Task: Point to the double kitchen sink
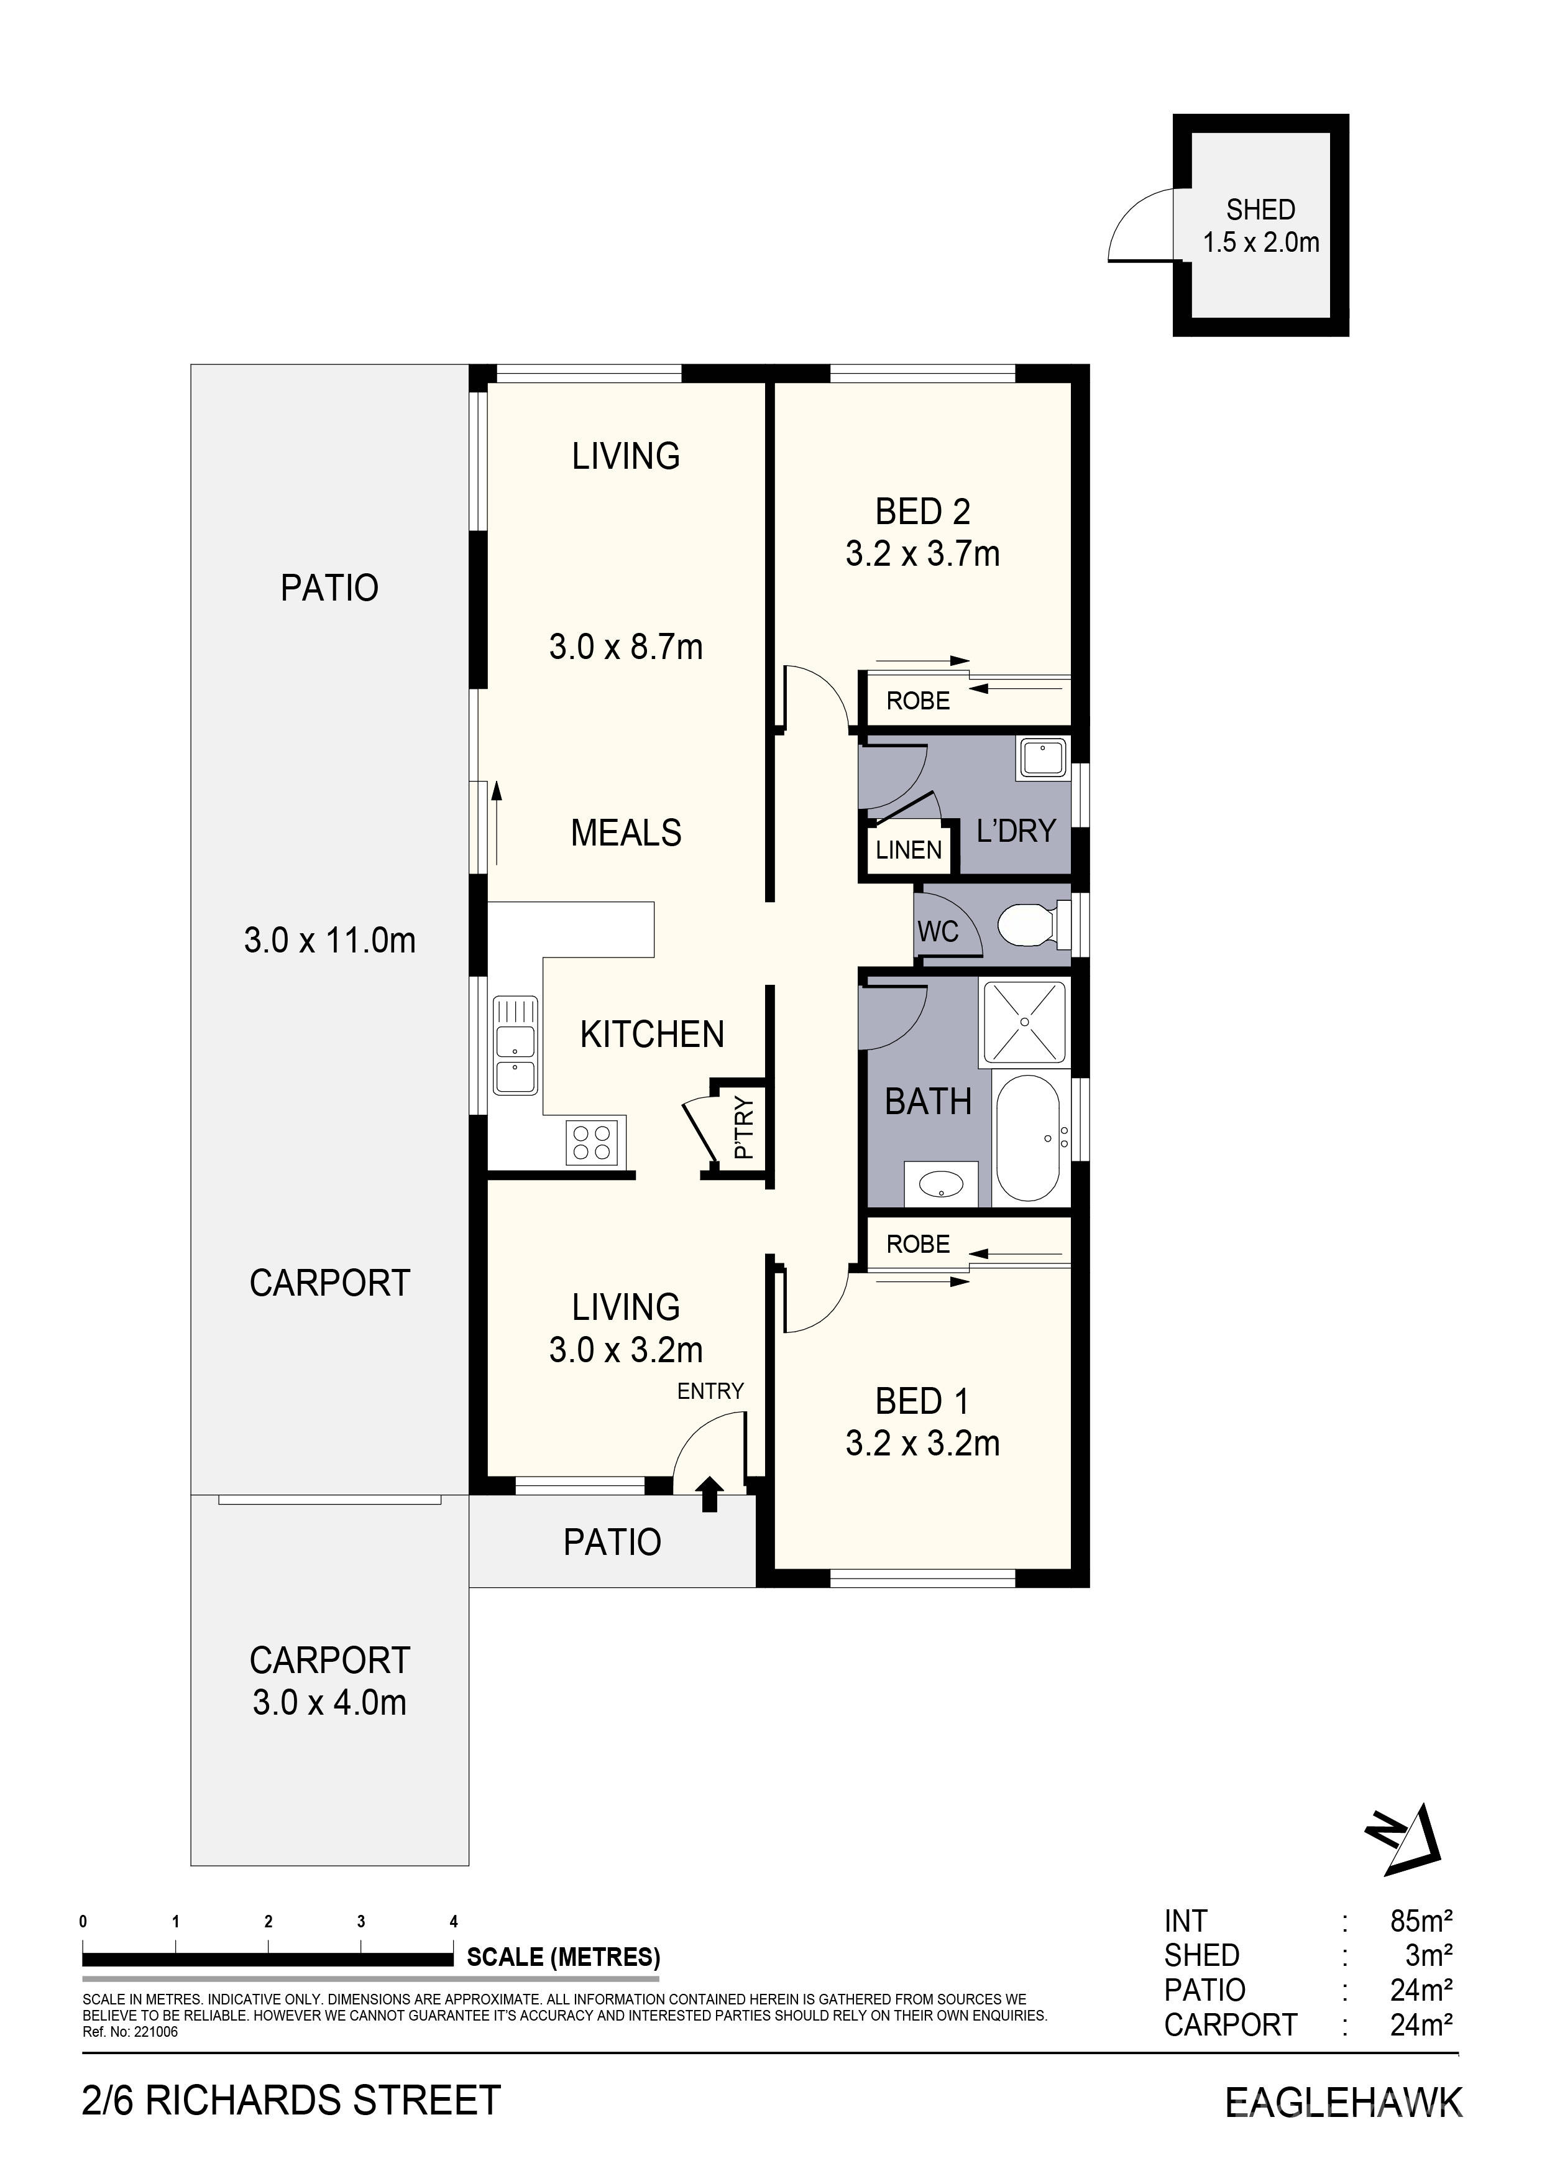pyautogui.click(x=515, y=1045)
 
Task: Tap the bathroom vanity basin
pyautogui.click(x=941, y=1184)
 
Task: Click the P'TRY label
pyautogui.click(x=745, y=1128)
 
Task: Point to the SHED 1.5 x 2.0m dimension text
pyautogui.click(x=1261, y=242)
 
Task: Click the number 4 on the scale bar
pyautogui.click(x=454, y=1922)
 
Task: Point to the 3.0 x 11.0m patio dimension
pyautogui.click(x=329, y=941)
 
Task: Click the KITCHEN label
pyautogui.click(x=653, y=1035)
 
